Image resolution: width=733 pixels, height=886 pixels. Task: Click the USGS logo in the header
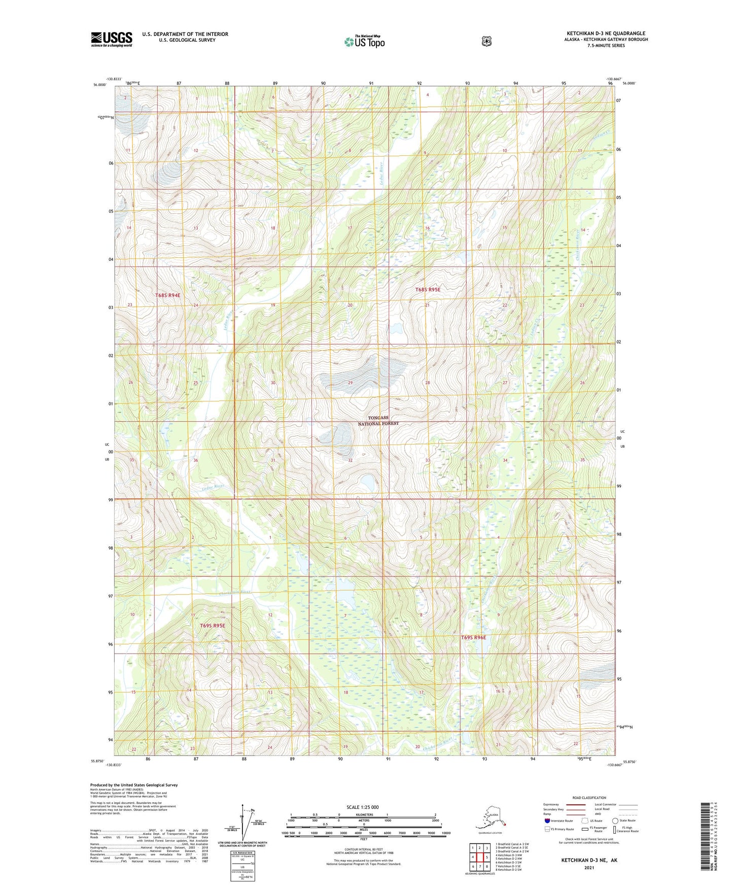(x=112, y=39)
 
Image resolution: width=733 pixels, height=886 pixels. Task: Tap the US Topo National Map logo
(x=364, y=41)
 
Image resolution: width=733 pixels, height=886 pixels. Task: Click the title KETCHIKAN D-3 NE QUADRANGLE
(x=606, y=33)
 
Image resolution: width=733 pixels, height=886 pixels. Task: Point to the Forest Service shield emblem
(x=486, y=41)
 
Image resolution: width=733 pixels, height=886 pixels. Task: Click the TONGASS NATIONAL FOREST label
(x=378, y=420)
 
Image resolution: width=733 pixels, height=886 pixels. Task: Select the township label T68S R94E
(x=168, y=295)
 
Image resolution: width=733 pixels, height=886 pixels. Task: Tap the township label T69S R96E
(x=473, y=637)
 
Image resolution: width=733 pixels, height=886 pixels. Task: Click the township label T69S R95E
(x=212, y=626)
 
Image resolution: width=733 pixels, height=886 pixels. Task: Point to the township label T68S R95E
(x=428, y=289)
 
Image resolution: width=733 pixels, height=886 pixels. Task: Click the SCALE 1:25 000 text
(x=362, y=807)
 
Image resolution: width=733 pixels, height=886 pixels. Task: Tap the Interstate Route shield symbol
(x=547, y=821)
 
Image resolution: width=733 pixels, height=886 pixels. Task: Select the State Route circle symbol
(x=615, y=821)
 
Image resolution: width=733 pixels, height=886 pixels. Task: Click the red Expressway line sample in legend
(x=575, y=804)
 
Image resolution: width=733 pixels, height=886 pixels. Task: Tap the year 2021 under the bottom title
(x=588, y=867)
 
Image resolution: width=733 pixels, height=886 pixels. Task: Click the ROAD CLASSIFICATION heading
(x=588, y=798)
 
